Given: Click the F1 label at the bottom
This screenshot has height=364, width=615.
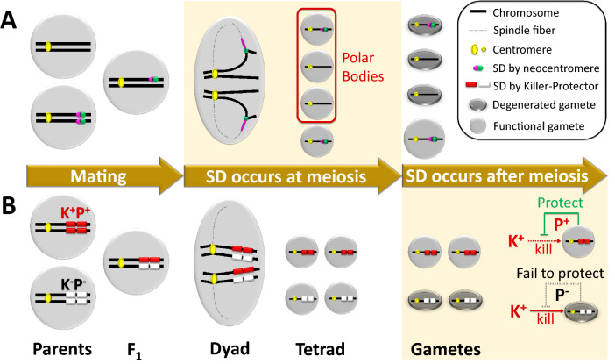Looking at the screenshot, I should click(131, 348).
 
